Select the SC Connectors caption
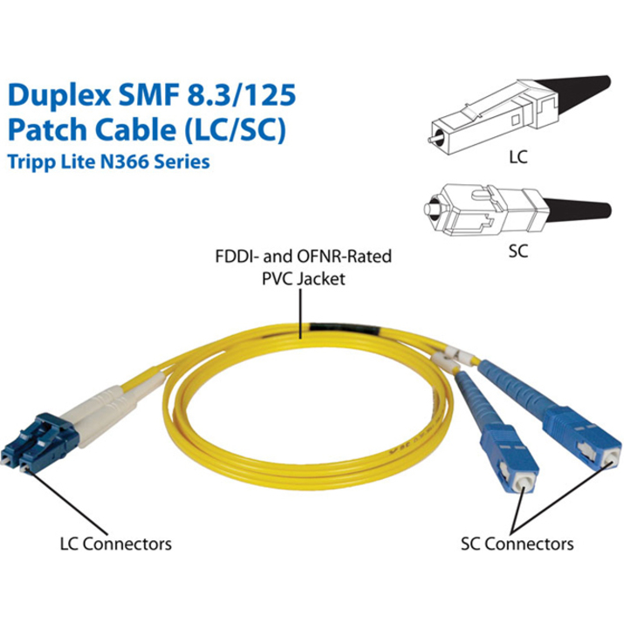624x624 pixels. (x=517, y=543)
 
